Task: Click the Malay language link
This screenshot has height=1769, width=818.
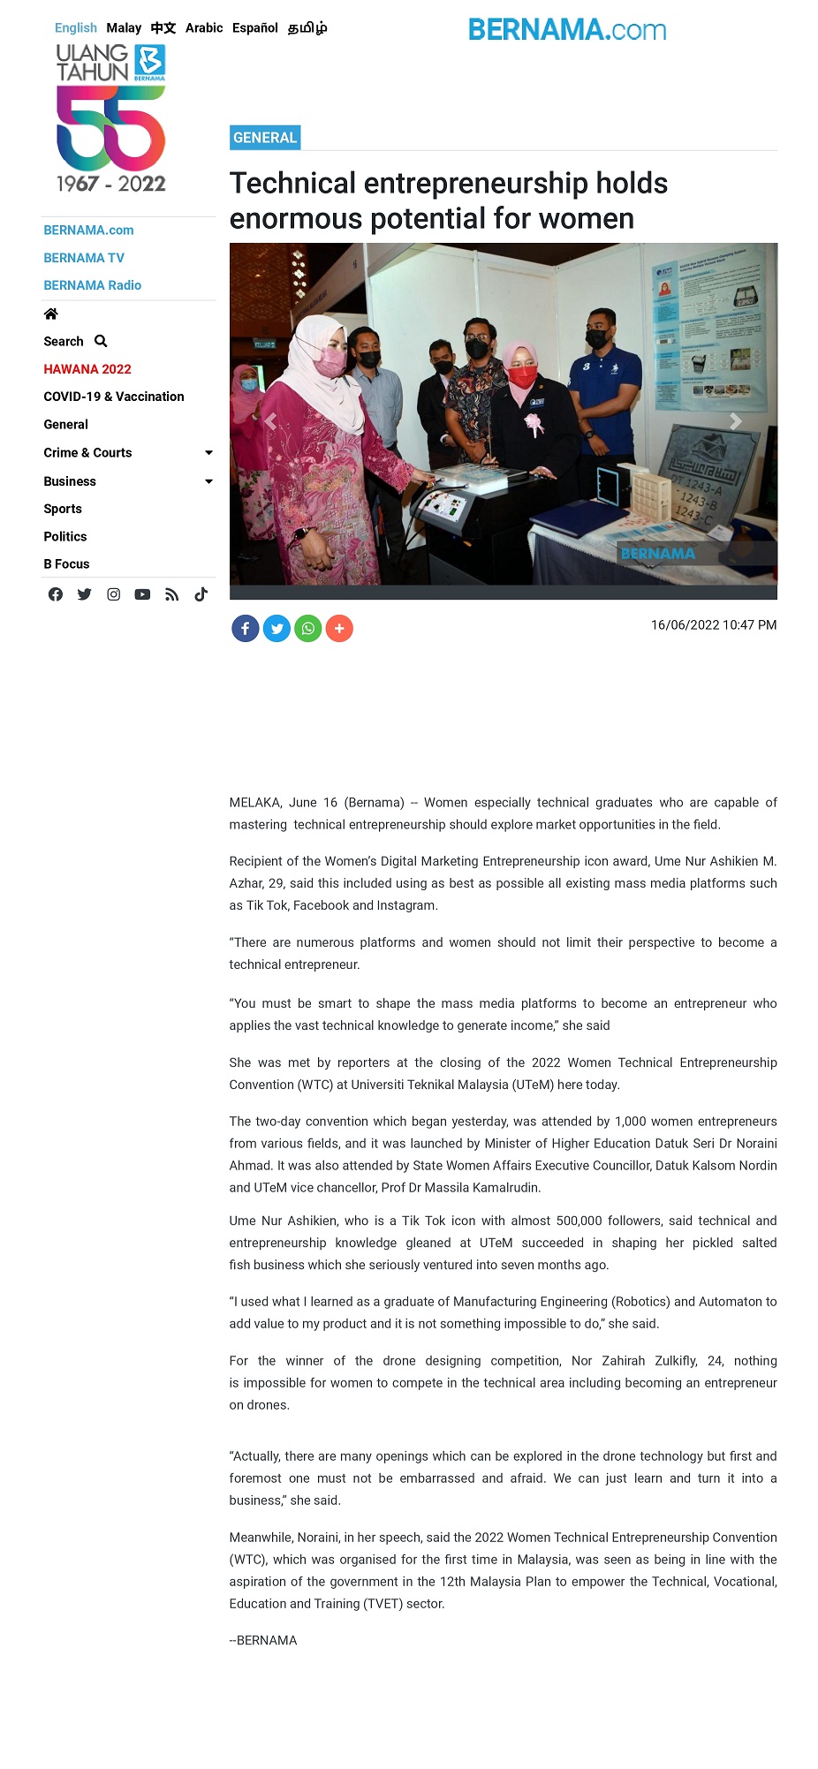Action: coord(124,28)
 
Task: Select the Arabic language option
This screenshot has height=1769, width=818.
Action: coord(204,28)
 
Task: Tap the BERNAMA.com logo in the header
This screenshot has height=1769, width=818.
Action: coord(567,30)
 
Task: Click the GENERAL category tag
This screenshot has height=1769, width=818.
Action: coord(265,138)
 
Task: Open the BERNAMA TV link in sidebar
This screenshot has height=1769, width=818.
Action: coord(84,258)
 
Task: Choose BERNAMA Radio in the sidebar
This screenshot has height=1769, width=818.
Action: coord(93,285)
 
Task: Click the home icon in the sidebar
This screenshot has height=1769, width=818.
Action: coord(51,314)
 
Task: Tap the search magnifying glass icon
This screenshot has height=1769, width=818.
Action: coord(101,341)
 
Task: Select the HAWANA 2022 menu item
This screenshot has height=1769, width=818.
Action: coord(87,369)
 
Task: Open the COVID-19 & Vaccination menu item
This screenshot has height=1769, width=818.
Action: coord(114,397)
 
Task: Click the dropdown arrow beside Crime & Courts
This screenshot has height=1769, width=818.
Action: coord(208,453)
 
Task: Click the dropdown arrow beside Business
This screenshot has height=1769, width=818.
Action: coord(208,481)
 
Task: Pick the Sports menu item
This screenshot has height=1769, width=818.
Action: coord(63,509)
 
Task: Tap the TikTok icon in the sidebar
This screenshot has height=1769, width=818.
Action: coord(201,594)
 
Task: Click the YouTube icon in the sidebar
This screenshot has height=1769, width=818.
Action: coord(142,594)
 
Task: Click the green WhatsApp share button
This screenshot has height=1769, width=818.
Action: coord(308,629)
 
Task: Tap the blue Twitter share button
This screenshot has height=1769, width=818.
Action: coord(276,629)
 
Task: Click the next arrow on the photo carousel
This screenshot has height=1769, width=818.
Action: coord(735,422)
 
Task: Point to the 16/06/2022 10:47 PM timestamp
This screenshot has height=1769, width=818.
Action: coord(714,625)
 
